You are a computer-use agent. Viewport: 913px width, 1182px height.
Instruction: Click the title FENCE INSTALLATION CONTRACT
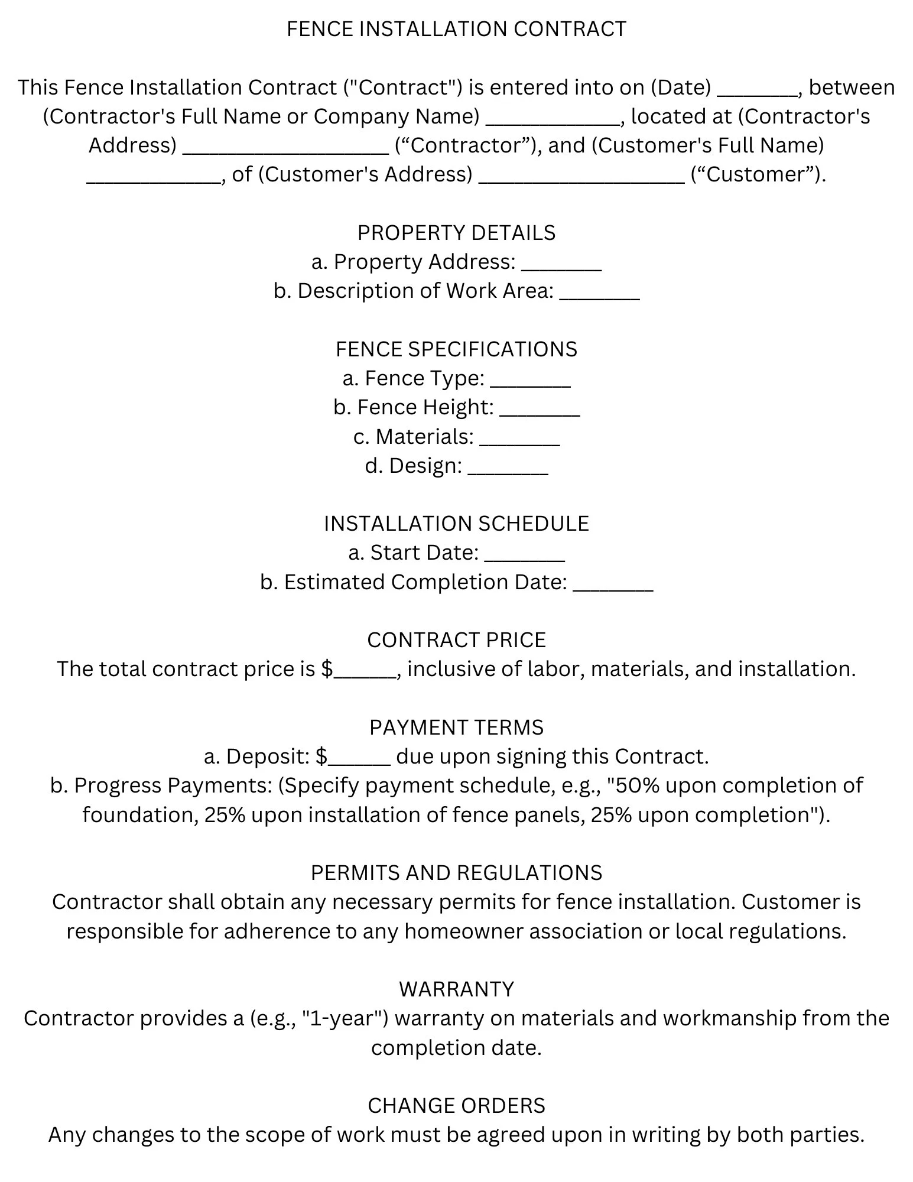point(456,29)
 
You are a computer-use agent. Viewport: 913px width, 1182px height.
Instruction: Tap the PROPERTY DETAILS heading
point(456,233)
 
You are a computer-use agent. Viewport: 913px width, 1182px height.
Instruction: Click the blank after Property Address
point(561,265)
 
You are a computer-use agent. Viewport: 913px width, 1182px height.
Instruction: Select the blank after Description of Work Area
point(599,294)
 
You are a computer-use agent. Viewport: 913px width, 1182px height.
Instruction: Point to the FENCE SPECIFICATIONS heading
point(456,349)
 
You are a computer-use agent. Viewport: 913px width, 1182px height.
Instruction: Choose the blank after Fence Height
point(540,410)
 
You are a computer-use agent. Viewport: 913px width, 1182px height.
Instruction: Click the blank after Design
point(508,469)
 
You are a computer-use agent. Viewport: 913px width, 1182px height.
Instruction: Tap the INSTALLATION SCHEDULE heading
point(456,524)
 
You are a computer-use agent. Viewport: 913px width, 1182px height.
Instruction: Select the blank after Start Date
point(524,556)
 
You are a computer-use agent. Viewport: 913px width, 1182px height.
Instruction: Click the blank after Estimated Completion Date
point(613,585)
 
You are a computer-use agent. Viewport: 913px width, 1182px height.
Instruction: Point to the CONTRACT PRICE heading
point(456,640)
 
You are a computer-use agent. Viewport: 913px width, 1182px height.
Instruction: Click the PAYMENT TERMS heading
point(456,728)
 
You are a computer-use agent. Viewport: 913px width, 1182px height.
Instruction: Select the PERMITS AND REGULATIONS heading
point(456,873)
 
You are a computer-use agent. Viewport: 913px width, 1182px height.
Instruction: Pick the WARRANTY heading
point(456,989)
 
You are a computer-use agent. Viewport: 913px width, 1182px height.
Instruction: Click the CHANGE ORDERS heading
point(456,1106)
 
